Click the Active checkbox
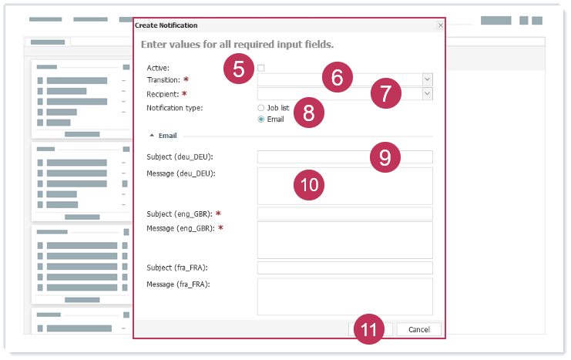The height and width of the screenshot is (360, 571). coord(260,68)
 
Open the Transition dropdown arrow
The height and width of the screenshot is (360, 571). coord(427,79)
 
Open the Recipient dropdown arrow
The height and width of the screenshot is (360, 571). coord(427,93)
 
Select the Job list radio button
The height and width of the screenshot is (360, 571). coord(260,108)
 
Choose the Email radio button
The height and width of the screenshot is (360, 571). coord(260,119)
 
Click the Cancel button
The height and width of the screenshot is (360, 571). coord(418,329)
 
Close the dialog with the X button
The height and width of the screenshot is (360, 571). coord(441,25)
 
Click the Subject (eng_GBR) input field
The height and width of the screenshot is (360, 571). coord(345,214)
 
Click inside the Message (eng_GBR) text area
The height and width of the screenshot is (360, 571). coord(345,240)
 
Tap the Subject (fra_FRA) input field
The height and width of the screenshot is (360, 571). coord(345,267)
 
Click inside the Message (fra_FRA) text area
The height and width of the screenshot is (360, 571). coord(345,297)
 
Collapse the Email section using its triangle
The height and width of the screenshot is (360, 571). coord(152,136)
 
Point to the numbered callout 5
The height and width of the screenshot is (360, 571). coord(239,69)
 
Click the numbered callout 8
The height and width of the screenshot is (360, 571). coord(309,113)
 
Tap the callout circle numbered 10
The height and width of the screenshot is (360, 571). coord(309,185)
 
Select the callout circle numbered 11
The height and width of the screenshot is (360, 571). coord(369,329)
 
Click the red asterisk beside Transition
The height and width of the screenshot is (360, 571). coord(186,79)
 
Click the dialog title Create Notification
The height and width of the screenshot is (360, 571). coord(166,25)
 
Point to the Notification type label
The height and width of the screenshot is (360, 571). coord(174,108)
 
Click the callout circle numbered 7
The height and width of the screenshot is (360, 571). coord(386,93)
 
